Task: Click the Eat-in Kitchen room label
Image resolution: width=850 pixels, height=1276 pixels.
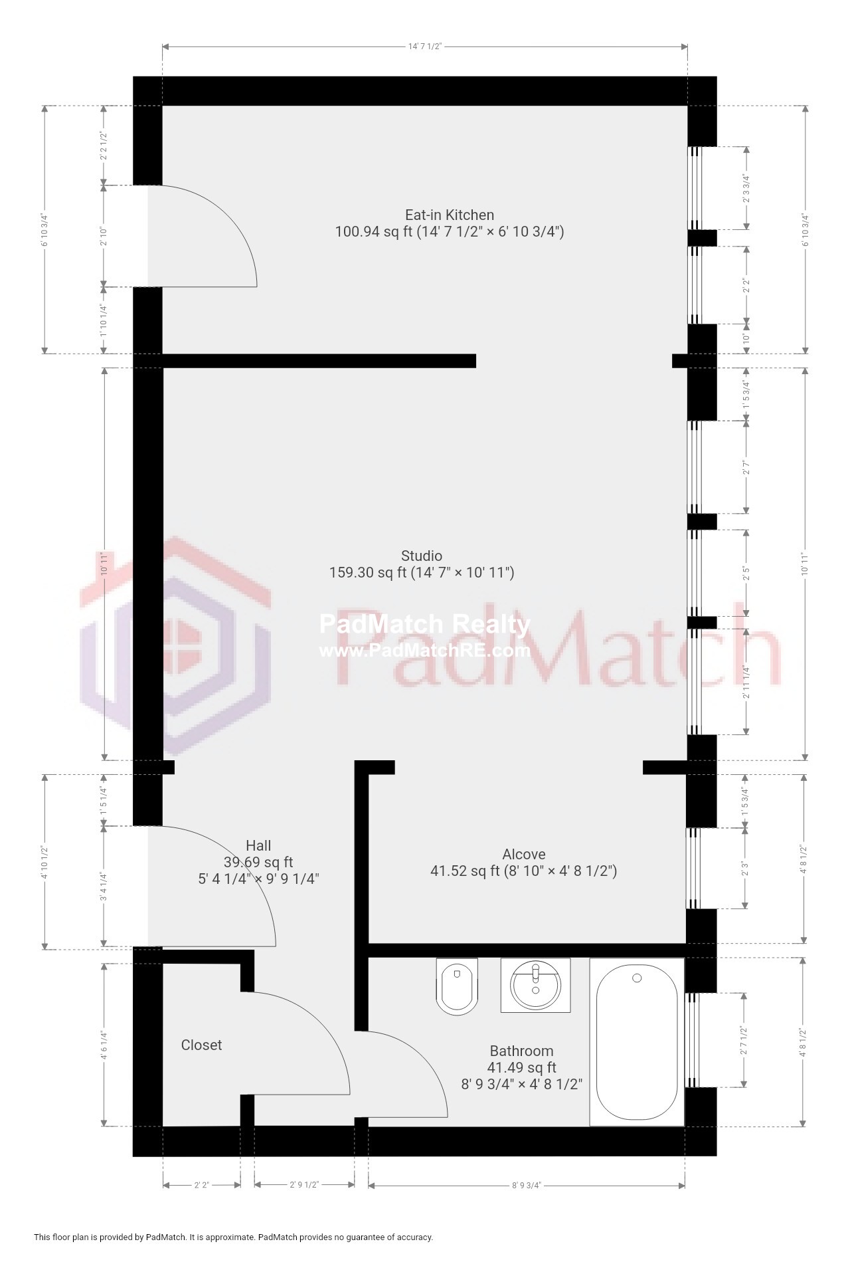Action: point(450,215)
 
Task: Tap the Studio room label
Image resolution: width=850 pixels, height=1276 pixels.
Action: point(421,556)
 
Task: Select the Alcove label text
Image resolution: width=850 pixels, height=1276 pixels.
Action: point(523,854)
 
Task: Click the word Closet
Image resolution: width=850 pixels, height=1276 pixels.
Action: point(201,1045)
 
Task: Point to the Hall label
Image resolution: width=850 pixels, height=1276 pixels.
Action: point(258,845)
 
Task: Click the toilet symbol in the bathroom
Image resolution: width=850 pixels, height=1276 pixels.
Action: point(457,986)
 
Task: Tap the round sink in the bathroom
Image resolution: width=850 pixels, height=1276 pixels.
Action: point(535,985)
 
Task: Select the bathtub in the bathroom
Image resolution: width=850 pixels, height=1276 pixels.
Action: point(637,1041)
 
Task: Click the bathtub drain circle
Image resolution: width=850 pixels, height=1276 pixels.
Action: point(637,978)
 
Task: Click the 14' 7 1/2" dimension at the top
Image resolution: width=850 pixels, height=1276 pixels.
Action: point(425,47)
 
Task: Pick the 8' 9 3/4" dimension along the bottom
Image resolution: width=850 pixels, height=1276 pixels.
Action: point(526,1185)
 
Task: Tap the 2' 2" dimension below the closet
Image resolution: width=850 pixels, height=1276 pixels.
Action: point(201,1185)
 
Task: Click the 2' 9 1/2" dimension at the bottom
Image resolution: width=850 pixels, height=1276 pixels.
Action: point(304,1185)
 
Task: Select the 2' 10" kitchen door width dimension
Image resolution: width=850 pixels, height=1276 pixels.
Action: point(104,237)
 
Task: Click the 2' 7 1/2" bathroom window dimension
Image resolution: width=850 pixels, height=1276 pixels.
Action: point(745,1040)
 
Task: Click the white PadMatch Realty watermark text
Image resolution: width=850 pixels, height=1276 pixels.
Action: point(425,625)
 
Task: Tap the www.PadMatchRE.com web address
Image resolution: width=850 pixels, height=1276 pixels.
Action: point(425,651)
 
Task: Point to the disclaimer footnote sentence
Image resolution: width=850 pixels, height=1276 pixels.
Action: point(234,1237)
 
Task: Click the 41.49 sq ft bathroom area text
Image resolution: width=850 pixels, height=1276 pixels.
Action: point(521,1067)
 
